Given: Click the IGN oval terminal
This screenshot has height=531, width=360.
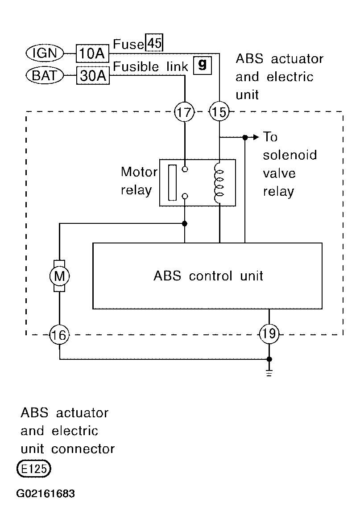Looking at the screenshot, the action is pos(45,53).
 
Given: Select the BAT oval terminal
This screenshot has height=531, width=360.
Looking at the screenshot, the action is pos(45,75).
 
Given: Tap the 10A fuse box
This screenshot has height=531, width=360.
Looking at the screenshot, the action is pos(92,53).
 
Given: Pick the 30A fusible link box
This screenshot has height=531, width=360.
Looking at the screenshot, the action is pos(93,75).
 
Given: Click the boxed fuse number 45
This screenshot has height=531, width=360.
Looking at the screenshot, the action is pos(154,43).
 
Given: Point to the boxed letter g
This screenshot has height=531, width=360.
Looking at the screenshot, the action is pos(203,65).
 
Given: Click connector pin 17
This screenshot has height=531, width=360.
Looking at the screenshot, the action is pos(184,112).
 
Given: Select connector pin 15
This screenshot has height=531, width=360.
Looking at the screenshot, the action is pos(219,112).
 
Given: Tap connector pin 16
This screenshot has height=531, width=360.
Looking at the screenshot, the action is pos(59,335).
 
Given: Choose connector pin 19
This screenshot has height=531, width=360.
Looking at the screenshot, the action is pos(269,334).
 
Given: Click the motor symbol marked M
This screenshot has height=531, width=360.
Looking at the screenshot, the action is pos(60,276).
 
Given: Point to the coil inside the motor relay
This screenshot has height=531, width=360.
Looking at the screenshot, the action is pos(219,182).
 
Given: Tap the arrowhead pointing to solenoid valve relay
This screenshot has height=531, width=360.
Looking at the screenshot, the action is pos(256,137).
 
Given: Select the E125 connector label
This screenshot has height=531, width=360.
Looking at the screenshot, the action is pos(33,469).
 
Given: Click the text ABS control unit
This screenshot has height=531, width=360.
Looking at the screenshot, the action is pos(208,276).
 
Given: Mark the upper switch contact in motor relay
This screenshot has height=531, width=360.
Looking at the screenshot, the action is pos(185,169).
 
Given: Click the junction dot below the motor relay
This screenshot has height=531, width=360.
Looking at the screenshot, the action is pos(185,223).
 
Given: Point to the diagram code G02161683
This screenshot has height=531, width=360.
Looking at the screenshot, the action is pos(46,494).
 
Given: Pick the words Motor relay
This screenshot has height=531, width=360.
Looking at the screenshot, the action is pos(139,181).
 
